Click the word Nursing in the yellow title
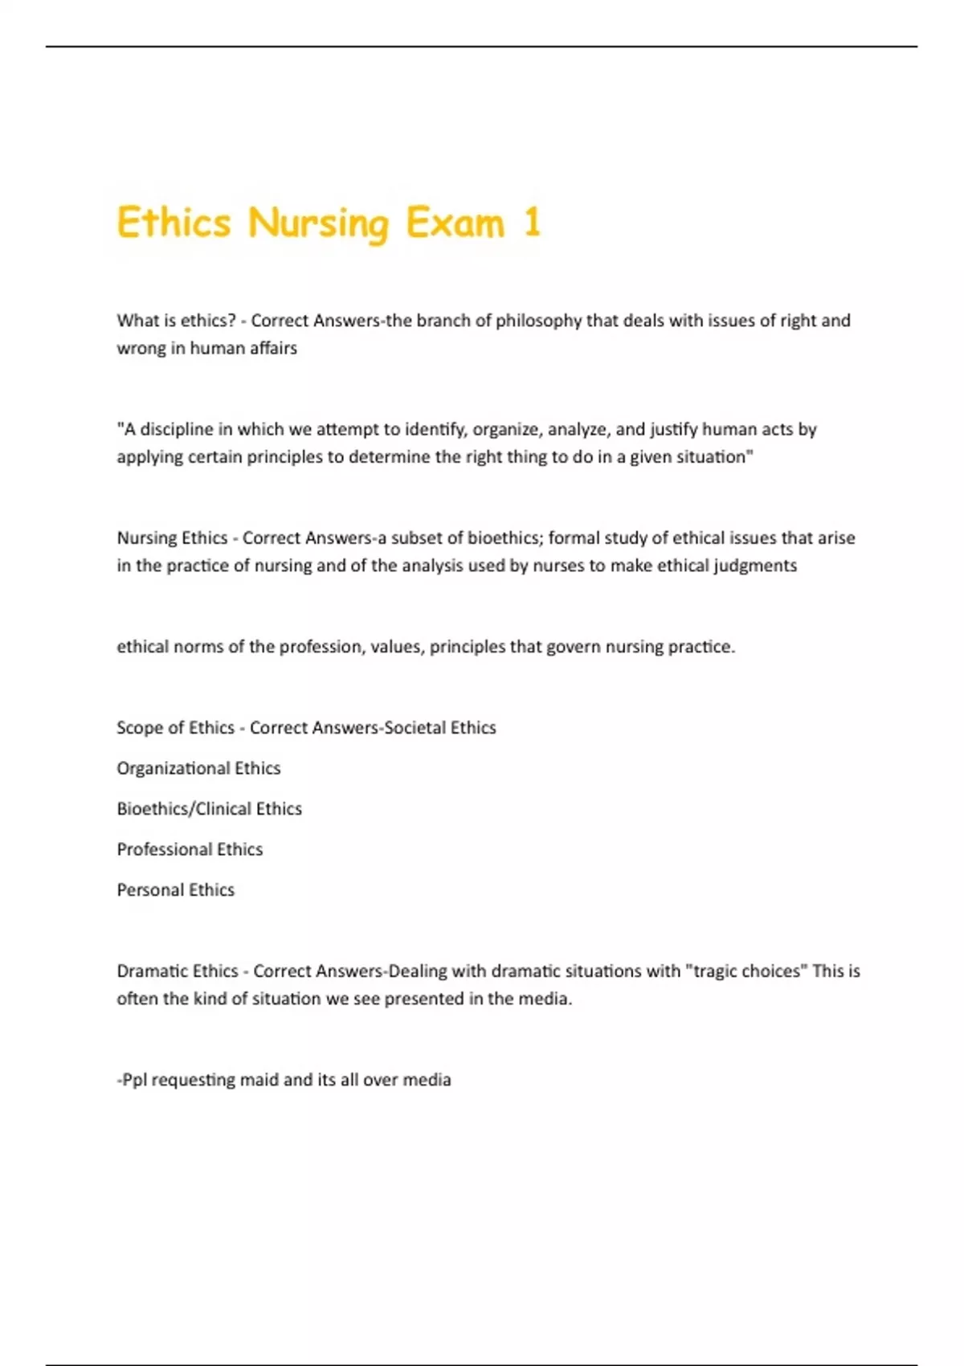pyautogui.click(x=318, y=223)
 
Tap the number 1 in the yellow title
pyautogui.click(x=532, y=223)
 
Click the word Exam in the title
pyautogui.click(x=455, y=223)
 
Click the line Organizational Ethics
pyautogui.click(x=198, y=768)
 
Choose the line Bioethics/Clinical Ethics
pyautogui.click(x=209, y=808)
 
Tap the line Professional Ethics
pyautogui.click(x=190, y=849)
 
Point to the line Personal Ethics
pyautogui.click(x=175, y=890)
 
